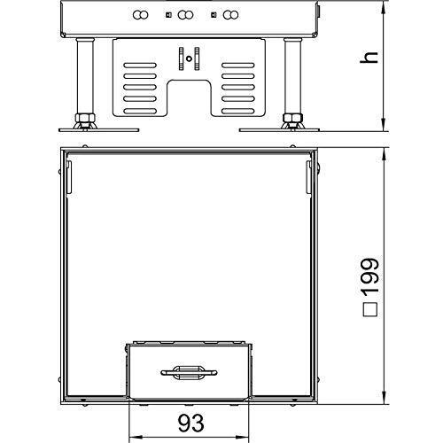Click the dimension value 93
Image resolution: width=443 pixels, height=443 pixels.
pyautogui.click(x=191, y=423)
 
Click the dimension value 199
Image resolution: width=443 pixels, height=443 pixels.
pyautogui.click(x=370, y=276)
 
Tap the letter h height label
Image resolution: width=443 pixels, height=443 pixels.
pyautogui.click(x=369, y=57)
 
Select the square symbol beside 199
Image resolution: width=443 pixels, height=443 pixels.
pyautogui.click(x=370, y=310)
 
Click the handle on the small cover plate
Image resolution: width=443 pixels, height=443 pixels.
pyautogui.click(x=189, y=372)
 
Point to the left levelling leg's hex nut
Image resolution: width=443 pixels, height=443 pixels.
pyautogui.click(x=85, y=119)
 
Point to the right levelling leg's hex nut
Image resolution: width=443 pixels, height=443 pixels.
pyautogui.click(x=292, y=119)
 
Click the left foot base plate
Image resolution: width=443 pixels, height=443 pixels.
pyautogui.click(x=99, y=130)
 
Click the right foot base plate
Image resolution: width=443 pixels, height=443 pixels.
pyautogui.click(x=279, y=130)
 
